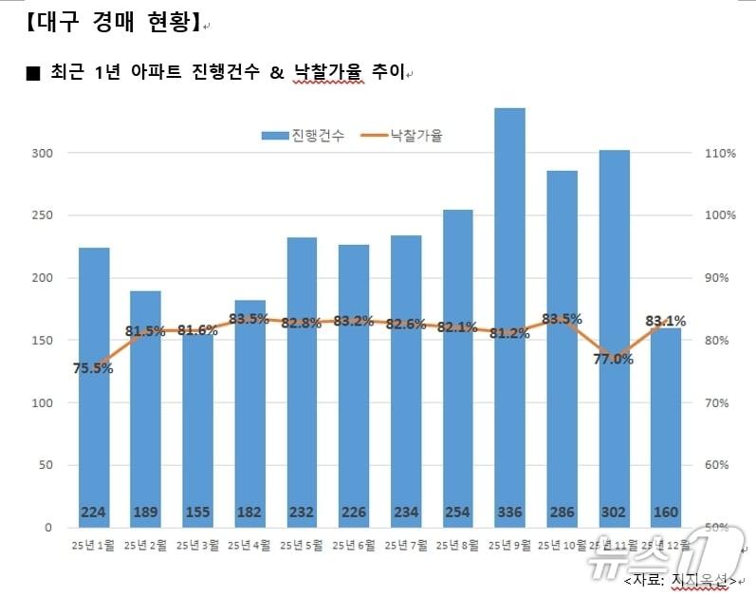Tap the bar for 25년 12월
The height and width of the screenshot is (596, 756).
coord(666,427)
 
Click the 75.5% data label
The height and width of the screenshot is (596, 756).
coord(93,368)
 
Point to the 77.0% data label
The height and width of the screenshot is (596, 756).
coord(614,359)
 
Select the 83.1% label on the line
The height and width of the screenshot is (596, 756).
coord(665,321)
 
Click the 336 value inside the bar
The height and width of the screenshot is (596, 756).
coord(509,512)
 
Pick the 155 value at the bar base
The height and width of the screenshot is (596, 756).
coord(197,512)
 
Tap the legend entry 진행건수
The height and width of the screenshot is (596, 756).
coord(304,136)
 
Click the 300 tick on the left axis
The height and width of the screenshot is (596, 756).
coord(44,153)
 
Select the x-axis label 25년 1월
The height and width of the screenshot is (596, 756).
coord(93,545)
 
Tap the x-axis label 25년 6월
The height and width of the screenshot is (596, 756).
coord(354,545)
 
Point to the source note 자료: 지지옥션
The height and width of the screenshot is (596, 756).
coord(679,578)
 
